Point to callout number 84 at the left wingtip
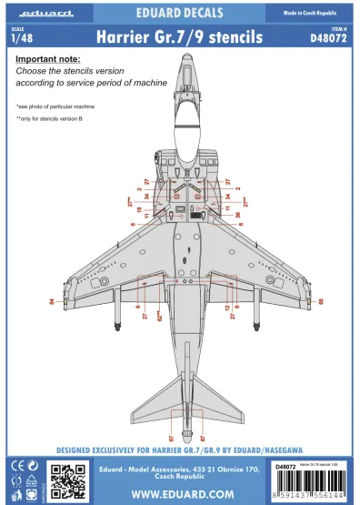point(52,301)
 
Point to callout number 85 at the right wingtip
point(321,301)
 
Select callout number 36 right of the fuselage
point(238,215)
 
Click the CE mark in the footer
point(15,467)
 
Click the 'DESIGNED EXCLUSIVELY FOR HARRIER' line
point(179,449)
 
